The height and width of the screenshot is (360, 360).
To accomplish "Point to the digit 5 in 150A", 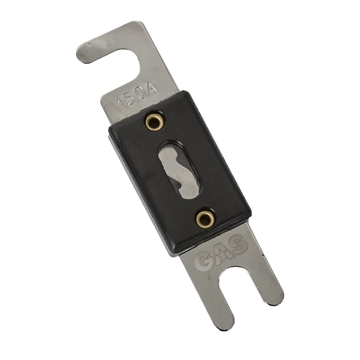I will tap(131, 98).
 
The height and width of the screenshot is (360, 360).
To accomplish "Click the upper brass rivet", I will tap(154, 122).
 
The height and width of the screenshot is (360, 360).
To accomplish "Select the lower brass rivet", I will tap(204, 218).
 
